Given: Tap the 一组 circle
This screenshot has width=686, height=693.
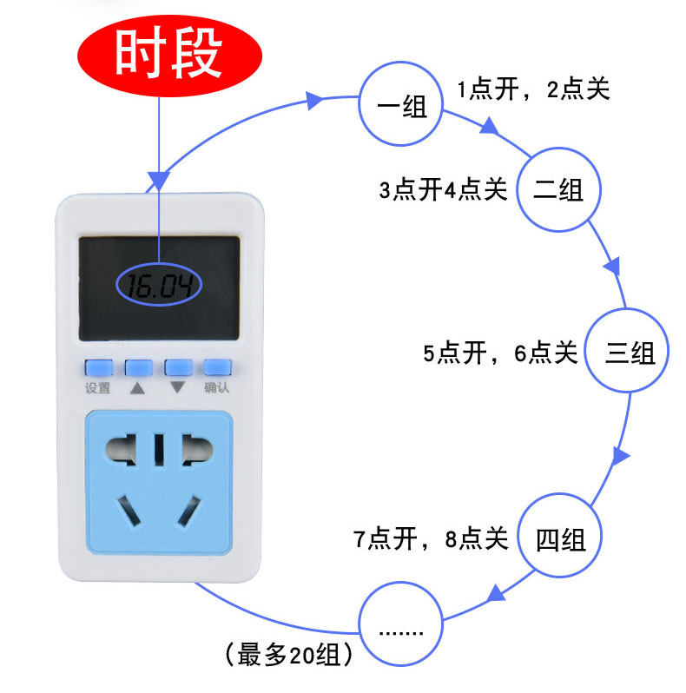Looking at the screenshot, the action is pyautogui.click(x=402, y=105).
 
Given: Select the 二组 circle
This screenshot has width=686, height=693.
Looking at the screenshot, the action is pyautogui.click(x=558, y=189).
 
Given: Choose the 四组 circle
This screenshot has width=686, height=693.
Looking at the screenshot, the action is pyautogui.click(x=560, y=539).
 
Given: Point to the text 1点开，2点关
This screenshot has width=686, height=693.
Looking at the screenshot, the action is pyautogui.click(x=533, y=89).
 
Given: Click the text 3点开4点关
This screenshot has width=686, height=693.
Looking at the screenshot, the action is pyautogui.click(x=443, y=190).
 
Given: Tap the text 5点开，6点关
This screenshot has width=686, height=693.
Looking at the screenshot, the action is pyautogui.click(x=500, y=353).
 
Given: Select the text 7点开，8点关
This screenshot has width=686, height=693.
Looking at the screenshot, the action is pyautogui.click(x=430, y=539).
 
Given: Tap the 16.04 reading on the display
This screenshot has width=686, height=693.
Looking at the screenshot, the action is pyautogui.click(x=160, y=286).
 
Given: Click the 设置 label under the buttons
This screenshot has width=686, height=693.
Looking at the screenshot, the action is pyautogui.click(x=97, y=387).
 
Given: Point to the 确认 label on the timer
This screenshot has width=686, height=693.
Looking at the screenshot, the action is pyautogui.click(x=217, y=387).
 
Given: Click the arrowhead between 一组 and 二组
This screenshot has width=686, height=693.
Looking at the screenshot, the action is pyautogui.click(x=490, y=128).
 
